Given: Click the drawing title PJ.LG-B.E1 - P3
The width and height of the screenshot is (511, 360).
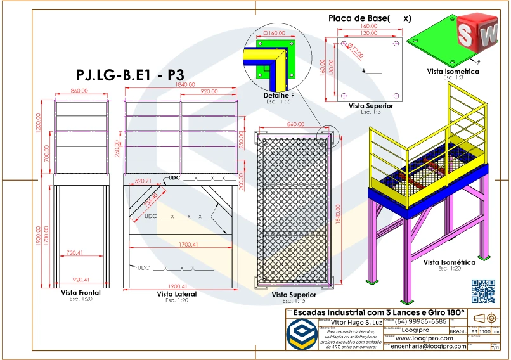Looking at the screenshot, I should (129, 75).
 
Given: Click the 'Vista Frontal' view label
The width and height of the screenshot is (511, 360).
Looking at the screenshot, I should (81, 293).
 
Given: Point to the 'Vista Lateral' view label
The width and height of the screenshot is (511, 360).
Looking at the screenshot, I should (176, 294).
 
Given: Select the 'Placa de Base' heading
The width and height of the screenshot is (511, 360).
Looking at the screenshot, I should (370, 18).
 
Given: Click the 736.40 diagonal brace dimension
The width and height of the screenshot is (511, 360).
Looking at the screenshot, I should (151, 200).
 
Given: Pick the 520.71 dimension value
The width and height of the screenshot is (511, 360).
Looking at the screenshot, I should (143, 181).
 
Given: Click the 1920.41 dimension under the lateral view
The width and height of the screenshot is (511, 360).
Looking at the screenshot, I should (179, 286).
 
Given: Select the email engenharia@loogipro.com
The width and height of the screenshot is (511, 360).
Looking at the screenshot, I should (429, 346).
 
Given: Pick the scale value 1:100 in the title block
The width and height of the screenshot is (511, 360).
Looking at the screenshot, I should (484, 331).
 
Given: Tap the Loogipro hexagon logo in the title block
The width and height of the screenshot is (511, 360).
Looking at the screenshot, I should (302, 334).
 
